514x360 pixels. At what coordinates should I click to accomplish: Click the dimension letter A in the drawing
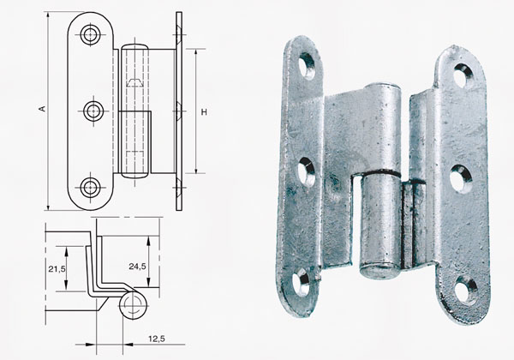pyautogui.click(x=39, y=110)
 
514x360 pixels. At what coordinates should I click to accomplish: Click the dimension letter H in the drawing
pyautogui.click(x=205, y=111)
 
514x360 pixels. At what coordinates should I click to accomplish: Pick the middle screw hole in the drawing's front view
pyautogui.click(x=93, y=110)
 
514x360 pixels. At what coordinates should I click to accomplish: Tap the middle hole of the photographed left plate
pyautogui.click(x=306, y=171)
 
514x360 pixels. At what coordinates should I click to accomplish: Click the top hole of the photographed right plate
pyautogui.click(x=462, y=75)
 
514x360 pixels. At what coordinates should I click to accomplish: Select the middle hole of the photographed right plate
pyautogui.click(x=460, y=177)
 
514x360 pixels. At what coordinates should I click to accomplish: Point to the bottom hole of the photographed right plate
pyautogui.click(x=465, y=290)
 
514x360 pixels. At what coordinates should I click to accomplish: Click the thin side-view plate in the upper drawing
pyautogui.click(x=178, y=111)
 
